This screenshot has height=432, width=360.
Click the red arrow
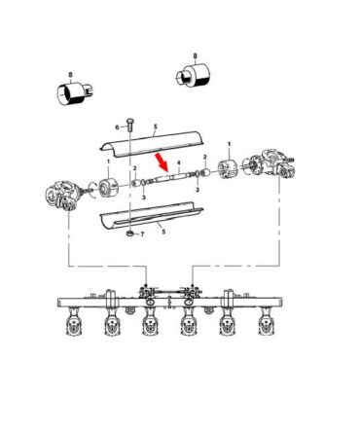(x=162, y=162)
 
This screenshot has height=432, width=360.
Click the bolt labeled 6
(x=129, y=126)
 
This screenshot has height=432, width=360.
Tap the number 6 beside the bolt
(x=118, y=127)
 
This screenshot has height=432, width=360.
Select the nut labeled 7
(x=129, y=234)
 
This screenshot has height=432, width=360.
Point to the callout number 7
(x=142, y=234)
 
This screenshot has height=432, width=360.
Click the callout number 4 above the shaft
(x=178, y=162)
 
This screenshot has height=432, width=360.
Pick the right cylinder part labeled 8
(x=194, y=76)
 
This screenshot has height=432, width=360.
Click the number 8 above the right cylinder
(x=195, y=56)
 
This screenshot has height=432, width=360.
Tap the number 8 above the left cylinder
(x=70, y=75)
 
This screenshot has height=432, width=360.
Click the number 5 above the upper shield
(x=156, y=126)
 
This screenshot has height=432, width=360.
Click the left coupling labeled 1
(x=107, y=188)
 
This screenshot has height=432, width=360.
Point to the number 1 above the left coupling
(x=108, y=162)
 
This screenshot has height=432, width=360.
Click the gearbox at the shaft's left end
(x=64, y=196)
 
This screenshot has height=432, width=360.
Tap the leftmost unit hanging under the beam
(x=72, y=322)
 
